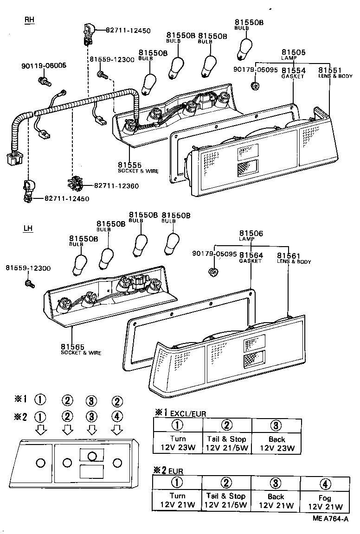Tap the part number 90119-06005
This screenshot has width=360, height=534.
click(44, 66)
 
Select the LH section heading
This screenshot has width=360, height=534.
click(28, 229)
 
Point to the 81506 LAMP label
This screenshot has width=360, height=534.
click(251, 236)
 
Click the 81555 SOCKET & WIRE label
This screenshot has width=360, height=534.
click(137, 167)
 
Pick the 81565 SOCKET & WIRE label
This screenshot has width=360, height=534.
click(81, 349)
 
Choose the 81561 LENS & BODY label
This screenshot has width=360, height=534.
click(294, 258)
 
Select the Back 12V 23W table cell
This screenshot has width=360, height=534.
click(276, 443)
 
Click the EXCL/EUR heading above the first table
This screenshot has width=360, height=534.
click(188, 413)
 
